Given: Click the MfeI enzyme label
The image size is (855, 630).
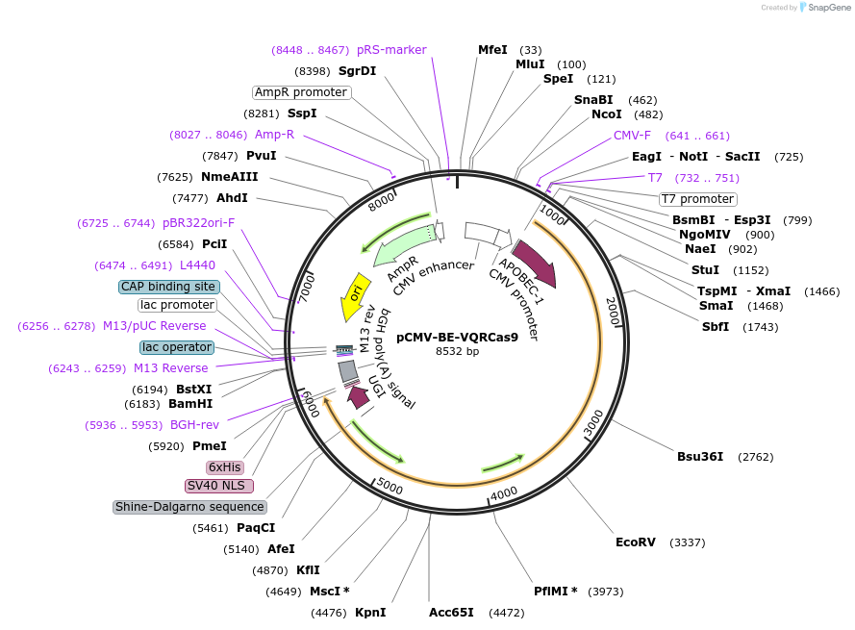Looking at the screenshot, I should coord(492,50).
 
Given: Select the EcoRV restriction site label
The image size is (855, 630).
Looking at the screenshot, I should coord(636,542).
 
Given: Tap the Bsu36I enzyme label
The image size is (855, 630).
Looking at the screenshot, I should coord(700,457).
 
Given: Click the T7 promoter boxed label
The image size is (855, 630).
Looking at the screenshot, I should coord(697,199).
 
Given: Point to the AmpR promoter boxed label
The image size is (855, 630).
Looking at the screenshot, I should coord(301,92).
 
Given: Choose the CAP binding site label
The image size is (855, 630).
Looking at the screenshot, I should coord(168,287).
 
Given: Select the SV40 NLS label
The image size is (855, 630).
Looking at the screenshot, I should coord(219,486).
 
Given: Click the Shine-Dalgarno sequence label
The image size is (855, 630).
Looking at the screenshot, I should coord(189,507).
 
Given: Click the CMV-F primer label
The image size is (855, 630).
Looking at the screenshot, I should coord(632,136).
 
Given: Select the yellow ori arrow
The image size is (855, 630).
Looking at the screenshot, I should coord(356,294).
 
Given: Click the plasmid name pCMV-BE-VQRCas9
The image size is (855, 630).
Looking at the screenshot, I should coord(457,338).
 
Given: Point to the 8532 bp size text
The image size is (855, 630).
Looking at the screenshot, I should coord(457,352).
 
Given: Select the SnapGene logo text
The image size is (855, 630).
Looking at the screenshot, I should coord(825,8).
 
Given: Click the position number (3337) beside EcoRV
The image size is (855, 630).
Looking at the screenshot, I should coord(687,542).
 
